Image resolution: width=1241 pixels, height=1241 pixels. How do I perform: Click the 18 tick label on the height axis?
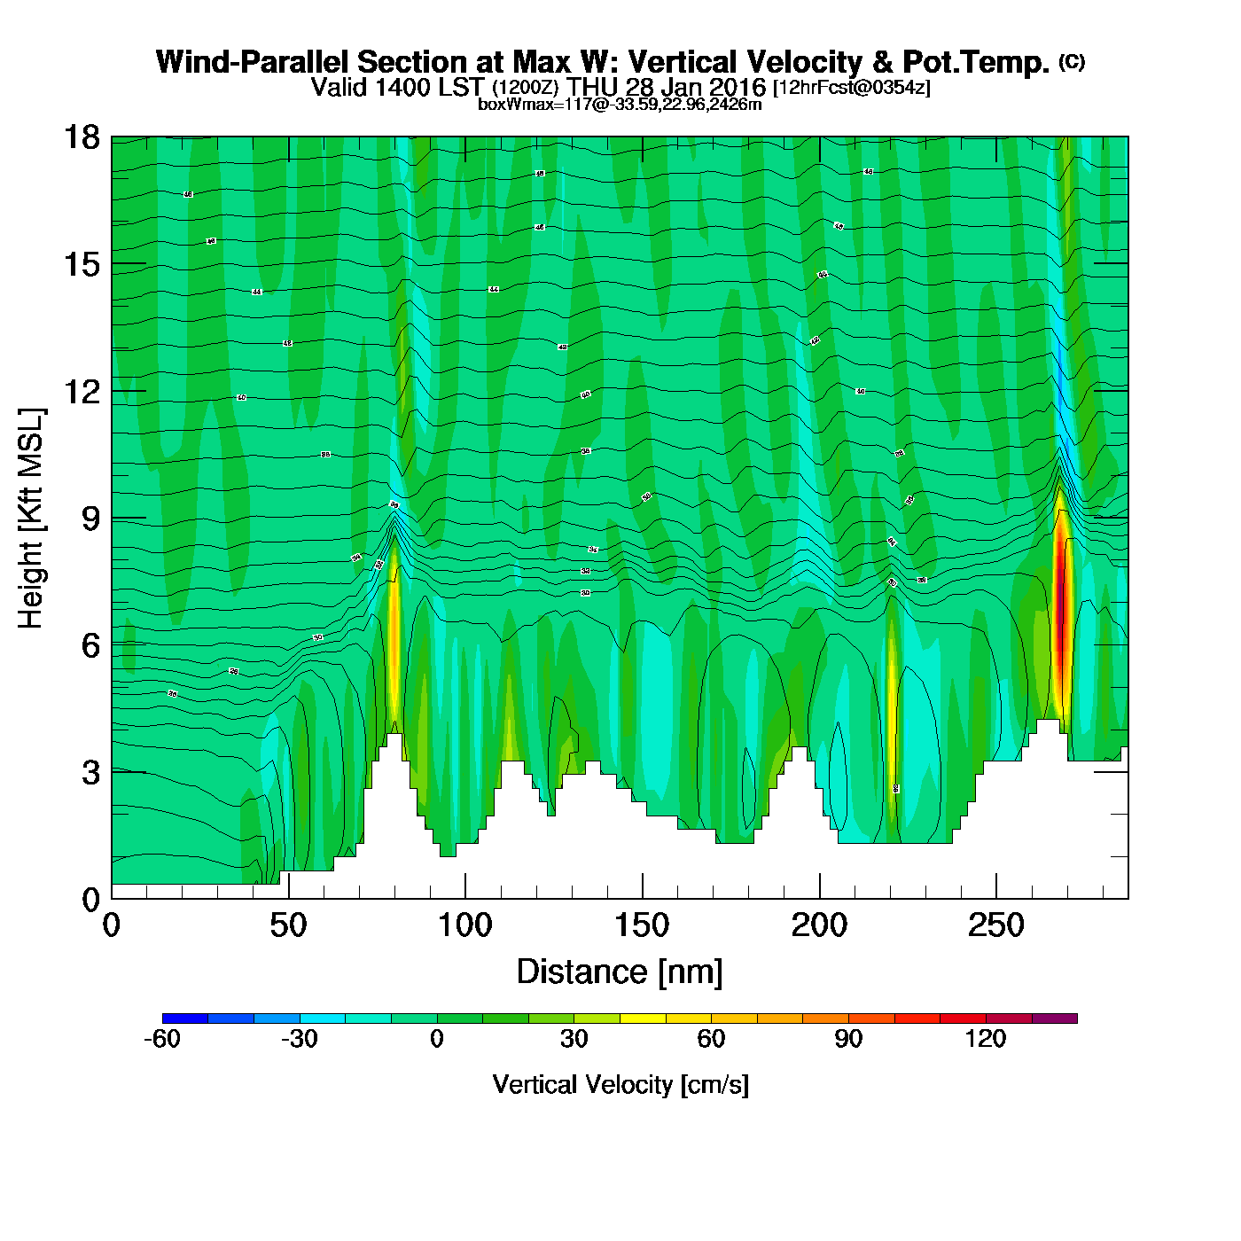pos(81,137)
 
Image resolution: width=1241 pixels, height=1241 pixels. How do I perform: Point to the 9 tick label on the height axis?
pos(90,519)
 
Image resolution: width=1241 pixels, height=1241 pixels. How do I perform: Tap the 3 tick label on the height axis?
pos(90,773)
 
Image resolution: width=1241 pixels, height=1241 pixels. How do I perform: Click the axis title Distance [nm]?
pos(620,972)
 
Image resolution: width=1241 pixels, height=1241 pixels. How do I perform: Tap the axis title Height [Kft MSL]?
pos(31,519)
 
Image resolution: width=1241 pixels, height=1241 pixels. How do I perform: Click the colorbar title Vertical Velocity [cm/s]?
pos(620,1084)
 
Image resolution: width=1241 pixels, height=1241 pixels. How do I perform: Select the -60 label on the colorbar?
pos(162,1039)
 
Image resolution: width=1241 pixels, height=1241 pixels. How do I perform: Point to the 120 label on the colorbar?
pos(985,1039)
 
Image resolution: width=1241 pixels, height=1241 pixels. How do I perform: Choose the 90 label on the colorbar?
pos(848,1039)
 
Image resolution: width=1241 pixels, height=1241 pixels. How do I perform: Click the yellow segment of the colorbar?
pos(643,1019)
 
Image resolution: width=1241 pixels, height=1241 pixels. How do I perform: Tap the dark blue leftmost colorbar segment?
pos(185,1019)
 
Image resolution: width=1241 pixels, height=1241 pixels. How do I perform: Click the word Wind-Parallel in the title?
pos(254,62)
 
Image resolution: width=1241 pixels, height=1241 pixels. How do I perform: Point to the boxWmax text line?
pos(620,105)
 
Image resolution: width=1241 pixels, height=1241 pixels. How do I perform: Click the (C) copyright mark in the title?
pos(1072,61)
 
